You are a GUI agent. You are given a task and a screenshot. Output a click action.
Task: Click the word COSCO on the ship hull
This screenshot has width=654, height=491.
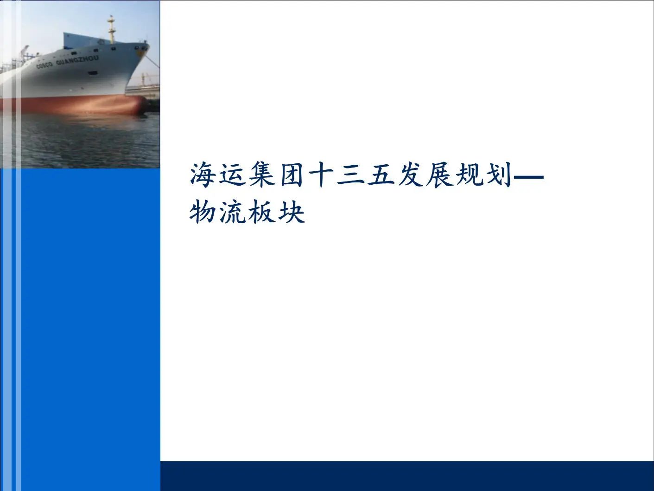click(x=44, y=65)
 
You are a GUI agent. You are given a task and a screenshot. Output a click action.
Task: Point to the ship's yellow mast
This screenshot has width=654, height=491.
click(x=112, y=29)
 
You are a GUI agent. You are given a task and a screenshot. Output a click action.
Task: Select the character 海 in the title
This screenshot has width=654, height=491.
click(x=203, y=175)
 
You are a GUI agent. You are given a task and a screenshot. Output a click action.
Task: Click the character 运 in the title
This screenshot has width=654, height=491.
click(x=232, y=175)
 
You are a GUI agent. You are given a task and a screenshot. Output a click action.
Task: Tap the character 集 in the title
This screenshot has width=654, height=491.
click(x=261, y=175)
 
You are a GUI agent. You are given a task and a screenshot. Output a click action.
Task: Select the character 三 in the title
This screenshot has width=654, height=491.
click(x=350, y=176)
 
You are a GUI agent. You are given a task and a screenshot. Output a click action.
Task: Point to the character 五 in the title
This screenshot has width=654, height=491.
click(x=380, y=175)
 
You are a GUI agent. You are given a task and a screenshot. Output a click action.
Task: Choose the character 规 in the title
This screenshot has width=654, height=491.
click(x=468, y=175)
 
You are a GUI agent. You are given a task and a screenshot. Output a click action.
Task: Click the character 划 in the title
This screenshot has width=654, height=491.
click(x=497, y=175)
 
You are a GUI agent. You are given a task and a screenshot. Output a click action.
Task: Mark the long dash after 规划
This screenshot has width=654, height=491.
click(x=528, y=177)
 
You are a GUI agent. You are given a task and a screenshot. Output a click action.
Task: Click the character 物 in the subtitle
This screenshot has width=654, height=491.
click(x=203, y=212)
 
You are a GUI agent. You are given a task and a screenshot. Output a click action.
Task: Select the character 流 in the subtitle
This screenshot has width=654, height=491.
click(x=232, y=212)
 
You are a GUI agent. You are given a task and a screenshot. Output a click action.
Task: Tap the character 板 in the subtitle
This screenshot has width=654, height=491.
click(x=261, y=212)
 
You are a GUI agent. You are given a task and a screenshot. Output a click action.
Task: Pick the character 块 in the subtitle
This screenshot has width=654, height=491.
click(x=291, y=212)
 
